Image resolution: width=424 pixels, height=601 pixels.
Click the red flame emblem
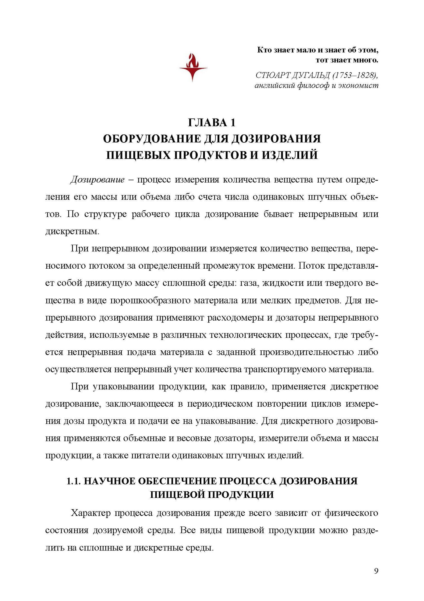193,67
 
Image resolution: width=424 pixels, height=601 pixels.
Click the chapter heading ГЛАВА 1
212,123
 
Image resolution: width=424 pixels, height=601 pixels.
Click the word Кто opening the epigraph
265,50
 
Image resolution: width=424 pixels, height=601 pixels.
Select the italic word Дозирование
97,180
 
